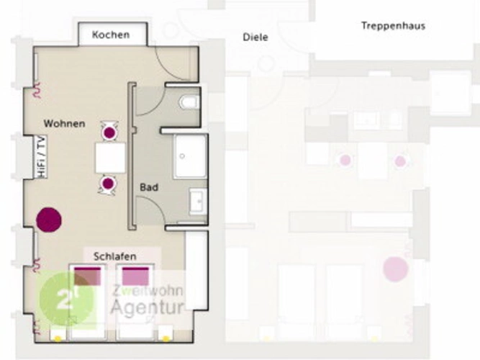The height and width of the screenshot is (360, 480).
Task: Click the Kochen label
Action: pos(111,35)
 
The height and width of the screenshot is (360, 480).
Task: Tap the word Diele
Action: pos(255,37)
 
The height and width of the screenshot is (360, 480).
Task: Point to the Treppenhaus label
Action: pos(393,26)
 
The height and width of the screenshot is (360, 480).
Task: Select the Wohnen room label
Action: pos(64,124)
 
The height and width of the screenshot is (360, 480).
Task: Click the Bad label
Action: pos(149,187)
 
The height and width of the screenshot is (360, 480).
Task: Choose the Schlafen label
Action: pos(115,256)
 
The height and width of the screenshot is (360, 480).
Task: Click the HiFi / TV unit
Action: pos(40,156)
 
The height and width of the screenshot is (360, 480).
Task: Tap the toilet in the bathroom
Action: pos(189,102)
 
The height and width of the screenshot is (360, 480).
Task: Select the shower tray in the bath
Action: pos(191,156)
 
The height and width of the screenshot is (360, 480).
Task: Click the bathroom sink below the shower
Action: pos(199,201)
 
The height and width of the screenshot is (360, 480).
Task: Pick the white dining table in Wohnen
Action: pos(110,158)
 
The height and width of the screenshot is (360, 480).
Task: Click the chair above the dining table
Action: pos(109,132)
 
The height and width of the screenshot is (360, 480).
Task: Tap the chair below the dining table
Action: pos(107,185)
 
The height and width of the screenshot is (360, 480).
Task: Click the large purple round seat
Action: pos(49,220)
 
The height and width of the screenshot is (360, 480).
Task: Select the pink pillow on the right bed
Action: pos(135,276)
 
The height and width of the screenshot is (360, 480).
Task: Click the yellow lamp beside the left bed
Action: pos(58,338)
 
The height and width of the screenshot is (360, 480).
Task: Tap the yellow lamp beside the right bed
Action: pos(166,338)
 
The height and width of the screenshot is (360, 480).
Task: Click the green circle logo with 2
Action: pos(67,299)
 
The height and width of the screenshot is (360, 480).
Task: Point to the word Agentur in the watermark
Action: pos(148,307)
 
